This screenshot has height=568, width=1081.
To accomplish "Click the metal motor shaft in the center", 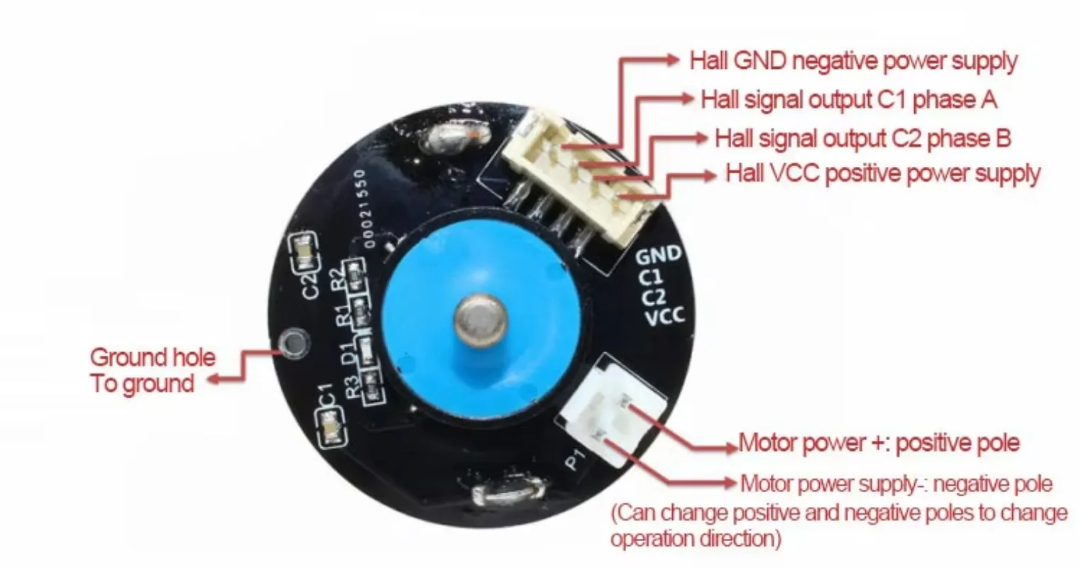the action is coord(481,319).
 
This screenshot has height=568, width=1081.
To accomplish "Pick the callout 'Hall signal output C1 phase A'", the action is coord(849,99).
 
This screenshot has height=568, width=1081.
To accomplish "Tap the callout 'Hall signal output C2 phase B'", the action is coord(862,138).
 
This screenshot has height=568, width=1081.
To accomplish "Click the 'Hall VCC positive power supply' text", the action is coord(882,173).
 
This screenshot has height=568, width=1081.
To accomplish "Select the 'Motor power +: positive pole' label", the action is coord(879,444).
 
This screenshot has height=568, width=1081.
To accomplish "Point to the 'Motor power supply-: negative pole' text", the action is coord(896,484).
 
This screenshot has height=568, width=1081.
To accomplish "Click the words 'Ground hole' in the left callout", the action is coord(153,356).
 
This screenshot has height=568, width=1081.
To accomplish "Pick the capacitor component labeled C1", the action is coord(331,430).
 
